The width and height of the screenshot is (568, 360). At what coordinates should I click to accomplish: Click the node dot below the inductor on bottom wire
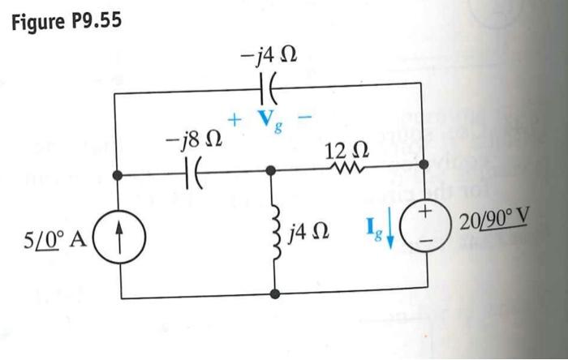click(x=276, y=295)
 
